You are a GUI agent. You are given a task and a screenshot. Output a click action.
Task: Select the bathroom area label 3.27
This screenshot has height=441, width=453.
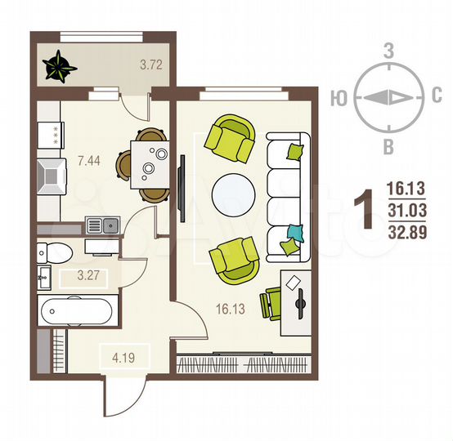pos(88,275)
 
